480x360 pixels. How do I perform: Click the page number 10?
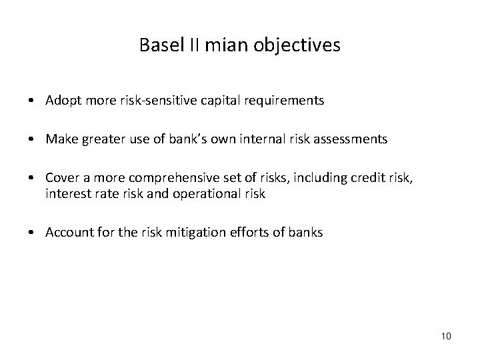446,335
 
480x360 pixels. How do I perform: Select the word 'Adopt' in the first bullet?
60,101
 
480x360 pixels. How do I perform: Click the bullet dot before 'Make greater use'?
32,139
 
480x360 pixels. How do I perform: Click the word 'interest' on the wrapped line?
65,193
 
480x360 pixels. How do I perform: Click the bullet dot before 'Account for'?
32,233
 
